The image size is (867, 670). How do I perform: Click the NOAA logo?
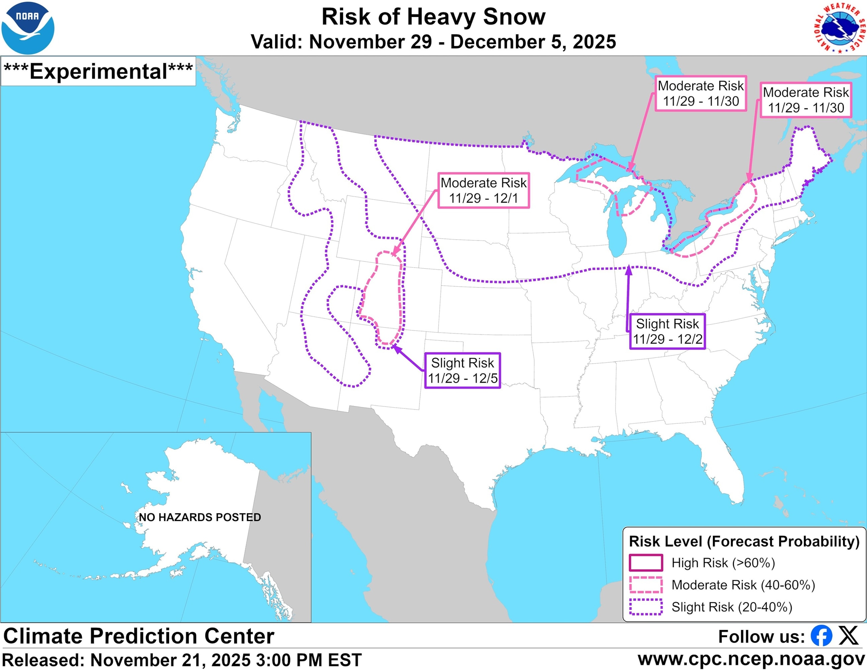pos(28,28)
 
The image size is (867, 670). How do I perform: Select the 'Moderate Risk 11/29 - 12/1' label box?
pos(483,190)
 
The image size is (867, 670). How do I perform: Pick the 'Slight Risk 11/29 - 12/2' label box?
pos(667,331)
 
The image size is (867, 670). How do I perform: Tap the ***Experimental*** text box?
pos(98,71)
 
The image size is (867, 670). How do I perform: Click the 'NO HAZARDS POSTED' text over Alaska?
pos(200,517)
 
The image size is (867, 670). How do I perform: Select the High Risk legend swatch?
pos(646,563)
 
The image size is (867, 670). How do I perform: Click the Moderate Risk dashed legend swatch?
pos(646,585)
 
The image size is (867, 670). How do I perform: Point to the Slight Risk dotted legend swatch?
pos(646,607)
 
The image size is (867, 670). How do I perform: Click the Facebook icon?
pos(821,636)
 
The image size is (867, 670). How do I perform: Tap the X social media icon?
pos(848,636)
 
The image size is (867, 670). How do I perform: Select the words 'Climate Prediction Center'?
pos(139,636)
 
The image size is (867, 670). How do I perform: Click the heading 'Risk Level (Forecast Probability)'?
pos(744,541)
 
